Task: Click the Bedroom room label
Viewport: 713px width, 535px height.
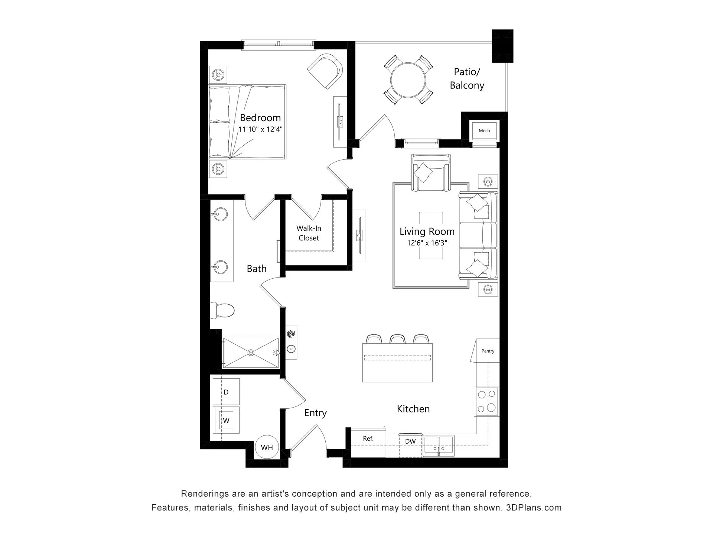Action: [260, 118]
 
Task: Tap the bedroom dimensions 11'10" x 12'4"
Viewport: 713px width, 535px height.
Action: [260, 130]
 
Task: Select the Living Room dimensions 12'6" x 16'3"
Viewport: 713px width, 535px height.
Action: [427, 243]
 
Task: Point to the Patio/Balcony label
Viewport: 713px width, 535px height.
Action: [467, 78]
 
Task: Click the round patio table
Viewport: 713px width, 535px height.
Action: [408, 80]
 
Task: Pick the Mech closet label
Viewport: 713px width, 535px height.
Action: [484, 131]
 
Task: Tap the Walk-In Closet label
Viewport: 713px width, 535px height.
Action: [309, 233]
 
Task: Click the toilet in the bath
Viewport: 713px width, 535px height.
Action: [222, 310]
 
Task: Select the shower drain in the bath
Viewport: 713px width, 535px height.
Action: [251, 352]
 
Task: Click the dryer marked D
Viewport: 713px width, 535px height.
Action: [226, 392]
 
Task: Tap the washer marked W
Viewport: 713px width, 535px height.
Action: [226, 420]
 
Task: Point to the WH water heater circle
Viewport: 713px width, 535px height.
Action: [267, 447]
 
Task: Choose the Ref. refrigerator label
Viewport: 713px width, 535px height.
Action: [368, 439]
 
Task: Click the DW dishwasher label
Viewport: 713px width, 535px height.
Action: [410, 441]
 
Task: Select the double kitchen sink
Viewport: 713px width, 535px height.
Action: [439, 446]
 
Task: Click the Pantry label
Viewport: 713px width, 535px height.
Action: [488, 351]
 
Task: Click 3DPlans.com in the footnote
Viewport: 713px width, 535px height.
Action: [534, 508]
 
